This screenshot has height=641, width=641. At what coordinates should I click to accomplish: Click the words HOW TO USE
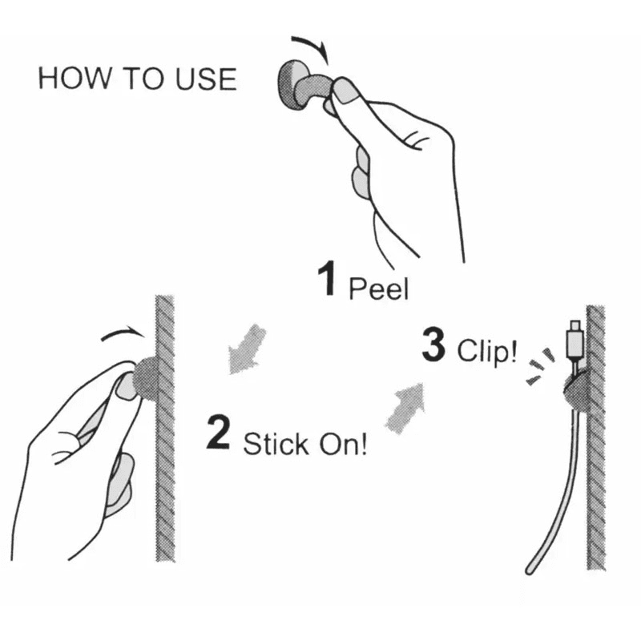click(137, 79)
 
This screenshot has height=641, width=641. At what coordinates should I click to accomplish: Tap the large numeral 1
click(325, 280)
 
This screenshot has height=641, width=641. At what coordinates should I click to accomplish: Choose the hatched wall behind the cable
click(595, 481)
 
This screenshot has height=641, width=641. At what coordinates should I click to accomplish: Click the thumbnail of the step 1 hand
click(346, 92)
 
